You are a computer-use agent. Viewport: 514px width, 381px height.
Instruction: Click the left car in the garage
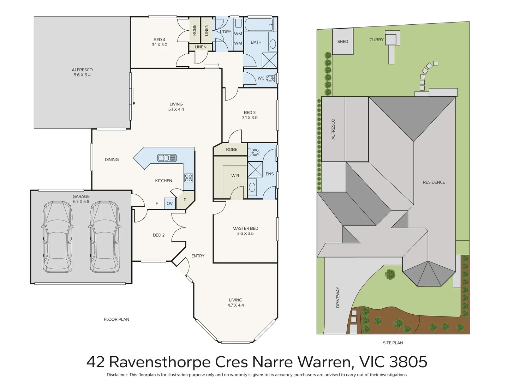[x=58, y=237]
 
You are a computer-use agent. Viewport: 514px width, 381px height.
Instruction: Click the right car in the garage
[x=105, y=237]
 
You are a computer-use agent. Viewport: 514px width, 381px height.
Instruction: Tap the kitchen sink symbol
[x=167, y=158]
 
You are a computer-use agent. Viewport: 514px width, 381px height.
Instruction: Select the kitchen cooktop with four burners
[x=189, y=178]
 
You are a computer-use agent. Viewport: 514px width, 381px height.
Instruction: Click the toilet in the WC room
[x=270, y=78]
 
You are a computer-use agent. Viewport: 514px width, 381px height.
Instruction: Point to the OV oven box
[x=170, y=204]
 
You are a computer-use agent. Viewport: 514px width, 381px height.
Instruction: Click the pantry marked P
[x=185, y=200]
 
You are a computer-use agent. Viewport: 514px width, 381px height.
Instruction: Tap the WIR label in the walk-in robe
[x=235, y=176]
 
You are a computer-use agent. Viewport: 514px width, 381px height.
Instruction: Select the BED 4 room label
[x=160, y=40]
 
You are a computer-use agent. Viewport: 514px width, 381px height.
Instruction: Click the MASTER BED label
[x=245, y=228]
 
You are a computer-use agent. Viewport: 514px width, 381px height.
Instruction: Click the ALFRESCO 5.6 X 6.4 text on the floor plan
[x=82, y=72]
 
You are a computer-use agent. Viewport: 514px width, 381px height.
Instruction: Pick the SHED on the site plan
[x=343, y=42]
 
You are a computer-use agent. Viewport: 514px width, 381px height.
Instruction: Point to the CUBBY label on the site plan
[x=376, y=40]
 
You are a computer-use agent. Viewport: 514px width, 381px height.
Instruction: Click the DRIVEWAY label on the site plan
[x=338, y=297]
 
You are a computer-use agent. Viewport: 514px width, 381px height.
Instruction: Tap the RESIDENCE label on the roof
[x=434, y=182]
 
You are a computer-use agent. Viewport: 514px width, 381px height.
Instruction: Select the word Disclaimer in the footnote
[x=117, y=375]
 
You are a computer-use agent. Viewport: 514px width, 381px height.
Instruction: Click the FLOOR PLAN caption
[x=116, y=319]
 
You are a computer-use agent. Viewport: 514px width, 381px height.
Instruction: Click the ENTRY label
[x=198, y=256]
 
